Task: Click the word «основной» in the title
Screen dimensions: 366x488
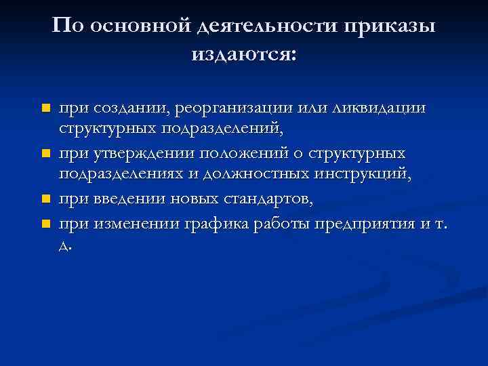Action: tap(139, 26)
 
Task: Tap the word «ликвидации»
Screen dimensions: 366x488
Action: tap(382, 108)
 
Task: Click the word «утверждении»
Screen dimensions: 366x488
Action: tap(142, 154)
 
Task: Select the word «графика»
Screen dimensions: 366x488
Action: tap(219, 223)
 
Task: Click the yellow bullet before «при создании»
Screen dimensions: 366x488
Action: tap(45, 108)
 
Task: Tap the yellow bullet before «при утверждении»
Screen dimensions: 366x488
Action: tap(45, 154)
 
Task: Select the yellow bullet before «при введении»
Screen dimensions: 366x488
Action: tap(45, 200)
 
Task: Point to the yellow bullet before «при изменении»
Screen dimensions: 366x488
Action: tap(45, 223)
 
